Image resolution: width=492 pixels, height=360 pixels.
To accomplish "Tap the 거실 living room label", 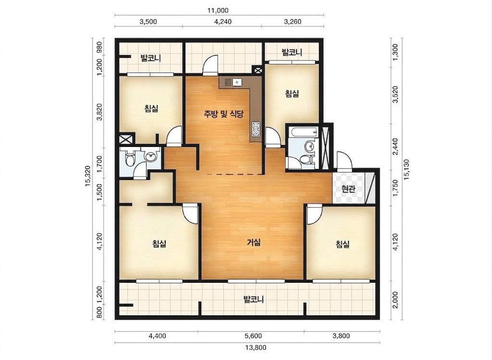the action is point(254,242).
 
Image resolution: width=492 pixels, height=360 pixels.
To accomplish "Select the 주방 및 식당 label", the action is point(224,114).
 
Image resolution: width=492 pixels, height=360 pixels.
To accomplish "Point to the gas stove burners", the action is point(256,129).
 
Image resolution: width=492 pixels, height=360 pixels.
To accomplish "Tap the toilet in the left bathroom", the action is point(129,159).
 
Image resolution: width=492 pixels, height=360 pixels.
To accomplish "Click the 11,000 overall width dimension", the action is point(218,11).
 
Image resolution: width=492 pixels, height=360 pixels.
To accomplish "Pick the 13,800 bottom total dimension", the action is point(256,348).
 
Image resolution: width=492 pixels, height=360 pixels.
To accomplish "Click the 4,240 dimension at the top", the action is point(222,22).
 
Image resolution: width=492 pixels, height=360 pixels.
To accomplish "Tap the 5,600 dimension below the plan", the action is point(253,336).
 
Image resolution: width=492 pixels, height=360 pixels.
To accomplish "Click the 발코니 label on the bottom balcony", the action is point(254,300).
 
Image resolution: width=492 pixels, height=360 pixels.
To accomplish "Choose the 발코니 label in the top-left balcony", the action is point(150,58).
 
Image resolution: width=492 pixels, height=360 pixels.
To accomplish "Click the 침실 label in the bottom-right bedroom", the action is point(342,244).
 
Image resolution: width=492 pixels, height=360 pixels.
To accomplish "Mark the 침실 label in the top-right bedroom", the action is point(292,94).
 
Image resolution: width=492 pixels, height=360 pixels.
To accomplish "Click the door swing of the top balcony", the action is point(209,65).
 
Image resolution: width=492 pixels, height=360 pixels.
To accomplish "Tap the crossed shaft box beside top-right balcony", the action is point(258,71).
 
